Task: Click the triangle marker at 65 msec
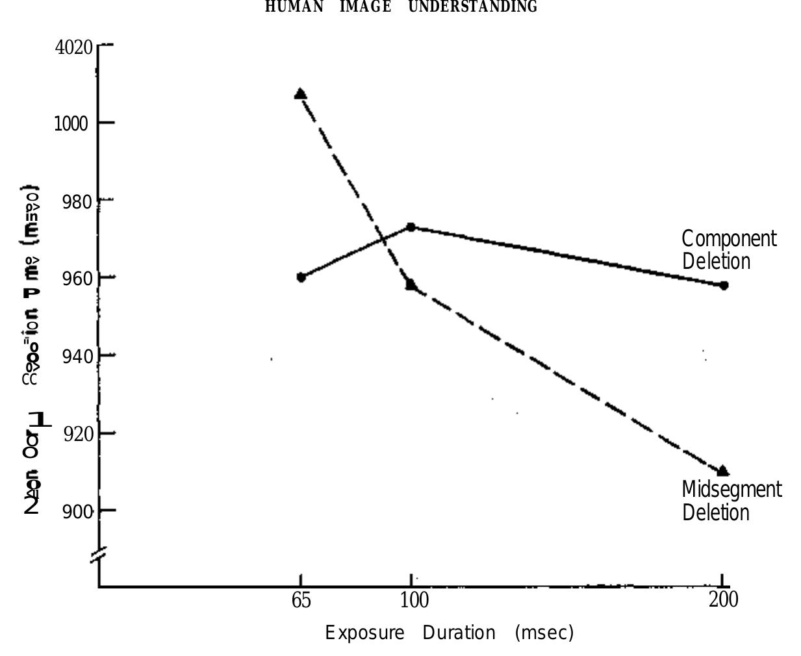tap(300, 94)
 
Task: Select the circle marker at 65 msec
tap(301, 277)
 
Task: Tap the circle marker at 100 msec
tap(411, 227)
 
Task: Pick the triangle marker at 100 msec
tap(411, 284)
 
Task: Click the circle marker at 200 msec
tap(724, 285)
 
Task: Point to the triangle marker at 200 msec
tap(722, 472)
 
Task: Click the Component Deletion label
tap(728, 250)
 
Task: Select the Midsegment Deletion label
tap(731, 501)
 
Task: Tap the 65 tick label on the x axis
tap(301, 600)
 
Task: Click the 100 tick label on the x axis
tap(414, 600)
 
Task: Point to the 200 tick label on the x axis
tap(723, 599)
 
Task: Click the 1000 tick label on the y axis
tap(71, 123)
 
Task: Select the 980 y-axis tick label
tap(77, 202)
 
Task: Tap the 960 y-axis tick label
tap(77, 279)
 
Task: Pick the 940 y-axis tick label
tap(77, 357)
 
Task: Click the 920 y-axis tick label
tap(78, 434)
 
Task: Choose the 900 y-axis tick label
tap(77, 512)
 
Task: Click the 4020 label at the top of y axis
tap(73, 47)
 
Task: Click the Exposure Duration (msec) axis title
tap(449, 633)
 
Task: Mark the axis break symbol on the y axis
tap(98, 556)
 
